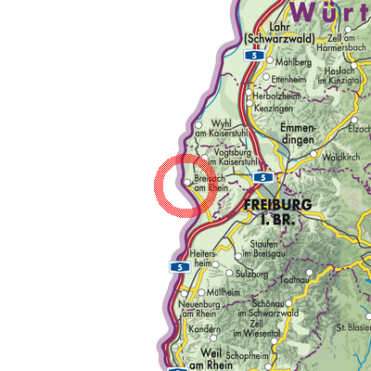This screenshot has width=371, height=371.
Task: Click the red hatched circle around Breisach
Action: (x=183, y=185)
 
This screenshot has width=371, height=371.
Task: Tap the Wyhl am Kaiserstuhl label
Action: (x=223, y=128)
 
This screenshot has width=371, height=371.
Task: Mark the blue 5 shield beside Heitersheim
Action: (x=175, y=267)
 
